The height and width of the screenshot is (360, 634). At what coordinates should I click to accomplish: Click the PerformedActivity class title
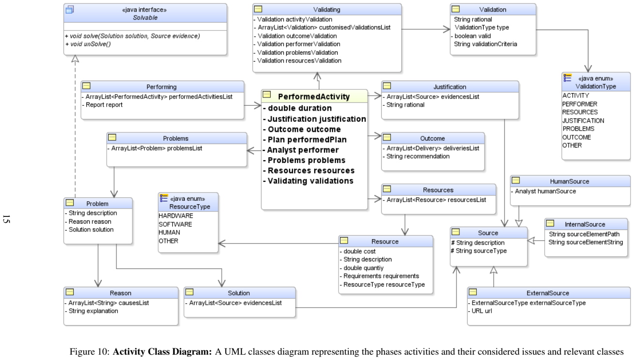tap(313, 97)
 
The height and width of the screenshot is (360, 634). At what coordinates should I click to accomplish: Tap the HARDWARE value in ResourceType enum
tap(176, 215)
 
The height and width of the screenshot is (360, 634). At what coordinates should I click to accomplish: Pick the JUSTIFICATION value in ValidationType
tap(583, 120)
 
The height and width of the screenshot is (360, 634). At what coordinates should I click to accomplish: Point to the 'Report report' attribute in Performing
tap(102, 105)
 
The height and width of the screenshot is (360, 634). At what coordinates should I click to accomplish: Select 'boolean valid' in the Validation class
tap(471, 36)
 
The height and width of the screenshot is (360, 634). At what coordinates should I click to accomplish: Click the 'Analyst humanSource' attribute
tap(543, 191)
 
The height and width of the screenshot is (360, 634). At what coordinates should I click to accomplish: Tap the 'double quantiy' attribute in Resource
tap(361, 268)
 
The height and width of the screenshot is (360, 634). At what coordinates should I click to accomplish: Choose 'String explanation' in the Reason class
tap(91, 311)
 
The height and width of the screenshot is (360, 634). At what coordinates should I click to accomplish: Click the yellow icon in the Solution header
tap(189, 292)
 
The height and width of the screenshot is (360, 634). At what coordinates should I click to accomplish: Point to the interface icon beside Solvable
tap(70, 10)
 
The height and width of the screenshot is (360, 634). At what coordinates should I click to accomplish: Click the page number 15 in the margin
tap(6, 219)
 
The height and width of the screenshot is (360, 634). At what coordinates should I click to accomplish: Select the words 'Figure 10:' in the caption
tap(89, 351)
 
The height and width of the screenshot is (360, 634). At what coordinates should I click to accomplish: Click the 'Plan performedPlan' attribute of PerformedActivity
tap(305, 140)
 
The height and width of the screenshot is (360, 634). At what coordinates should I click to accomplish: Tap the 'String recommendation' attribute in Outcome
tap(416, 156)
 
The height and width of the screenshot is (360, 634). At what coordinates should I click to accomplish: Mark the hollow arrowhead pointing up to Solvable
tap(75, 59)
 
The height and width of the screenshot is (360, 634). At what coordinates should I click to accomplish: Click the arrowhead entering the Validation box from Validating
tap(447, 29)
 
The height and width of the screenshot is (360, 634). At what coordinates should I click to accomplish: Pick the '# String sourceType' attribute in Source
tap(479, 251)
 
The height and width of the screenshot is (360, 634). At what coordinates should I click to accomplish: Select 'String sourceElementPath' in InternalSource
tap(584, 234)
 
